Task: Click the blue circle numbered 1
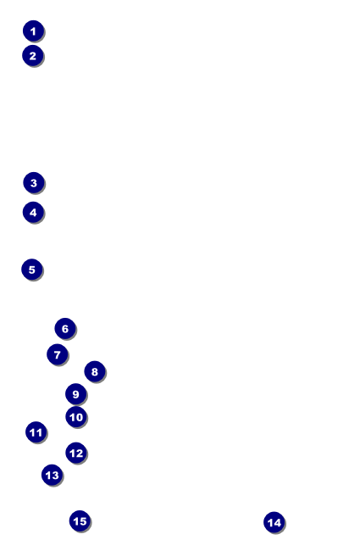[33, 31]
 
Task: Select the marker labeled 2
[33, 55]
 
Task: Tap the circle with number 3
[34, 183]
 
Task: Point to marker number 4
[33, 212]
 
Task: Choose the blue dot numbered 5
[32, 270]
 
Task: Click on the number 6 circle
[65, 329]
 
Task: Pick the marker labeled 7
[58, 354]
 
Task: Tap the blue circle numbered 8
[95, 371]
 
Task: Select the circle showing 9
[76, 394]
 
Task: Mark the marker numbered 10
[76, 417]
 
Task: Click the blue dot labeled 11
[36, 432]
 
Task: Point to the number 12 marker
[76, 453]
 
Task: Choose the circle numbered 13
[52, 475]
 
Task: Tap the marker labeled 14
[274, 522]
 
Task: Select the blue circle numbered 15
[80, 520]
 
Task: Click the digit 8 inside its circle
[95, 372]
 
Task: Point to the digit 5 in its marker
[32, 270]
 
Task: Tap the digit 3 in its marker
[34, 183]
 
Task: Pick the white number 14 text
[274, 523]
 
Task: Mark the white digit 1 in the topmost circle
[33, 31]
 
